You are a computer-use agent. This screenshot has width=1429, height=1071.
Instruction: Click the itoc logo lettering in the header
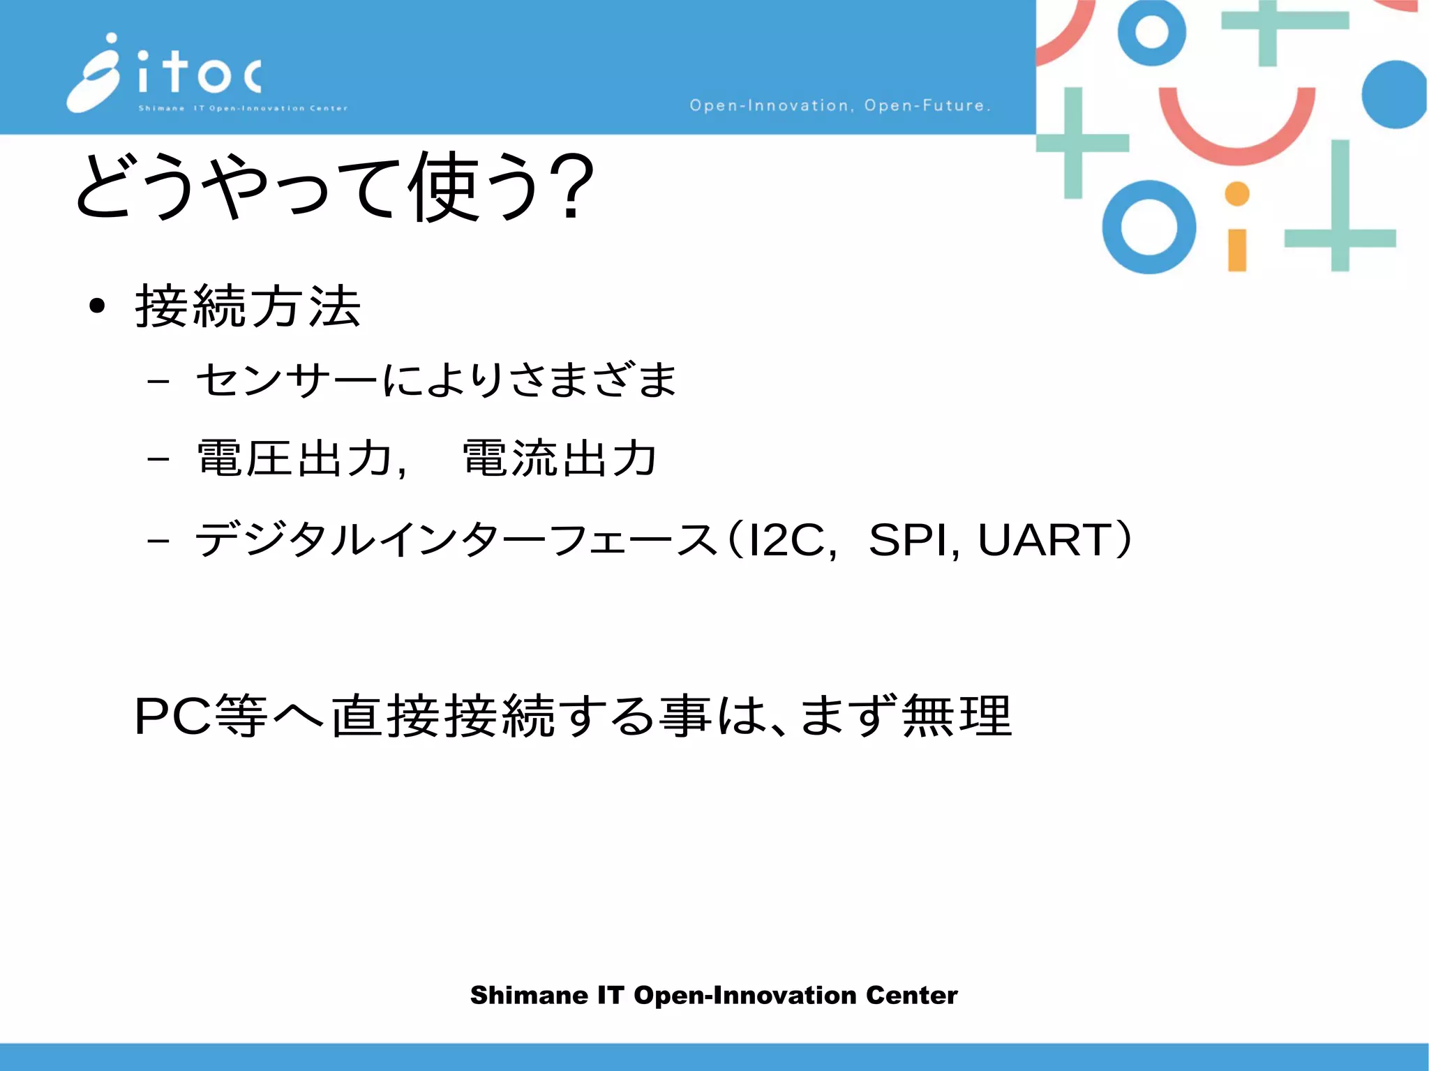(200, 73)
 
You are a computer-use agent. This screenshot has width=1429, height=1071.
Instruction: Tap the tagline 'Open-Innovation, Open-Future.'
(839, 105)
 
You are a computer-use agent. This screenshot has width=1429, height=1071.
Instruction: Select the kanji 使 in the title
(444, 187)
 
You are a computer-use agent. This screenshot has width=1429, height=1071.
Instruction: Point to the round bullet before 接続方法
(97, 306)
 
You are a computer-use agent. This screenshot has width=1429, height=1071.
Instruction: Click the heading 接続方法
(248, 306)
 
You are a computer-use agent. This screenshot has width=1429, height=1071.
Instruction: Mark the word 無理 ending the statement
(957, 716)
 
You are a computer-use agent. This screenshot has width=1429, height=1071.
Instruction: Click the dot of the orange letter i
(1237, 194)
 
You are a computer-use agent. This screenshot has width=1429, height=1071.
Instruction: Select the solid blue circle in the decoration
(1394, 95)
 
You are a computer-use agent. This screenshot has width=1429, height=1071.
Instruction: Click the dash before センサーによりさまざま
(158, 381)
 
